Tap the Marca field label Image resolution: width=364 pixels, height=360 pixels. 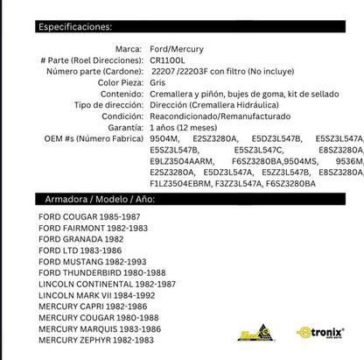[x=127, y=51]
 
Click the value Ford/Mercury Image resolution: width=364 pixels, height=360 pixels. [x=179, y=51]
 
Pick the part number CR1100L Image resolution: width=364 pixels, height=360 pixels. [x=171, y=63]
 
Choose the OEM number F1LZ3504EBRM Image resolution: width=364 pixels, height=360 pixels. [x=179, y=184]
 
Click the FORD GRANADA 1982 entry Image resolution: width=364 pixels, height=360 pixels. [x=81, y=239]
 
